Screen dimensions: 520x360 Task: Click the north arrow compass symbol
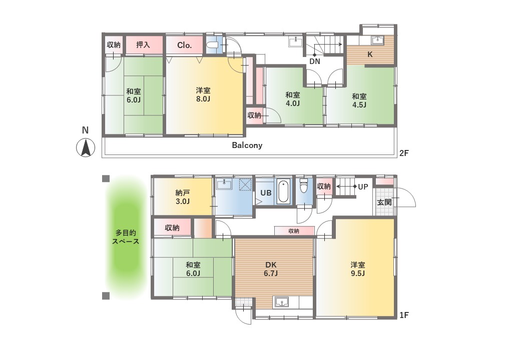coord(86,147)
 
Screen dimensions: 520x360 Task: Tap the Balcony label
coord(247,145)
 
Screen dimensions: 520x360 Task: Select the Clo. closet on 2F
coord(184,45)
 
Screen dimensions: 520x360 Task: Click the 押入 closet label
coord(143,44)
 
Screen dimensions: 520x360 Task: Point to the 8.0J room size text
coord(203,98)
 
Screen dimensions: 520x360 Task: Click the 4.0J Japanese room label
coord(293,99)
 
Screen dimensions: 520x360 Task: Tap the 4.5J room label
coord(359,100)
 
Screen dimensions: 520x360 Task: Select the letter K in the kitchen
coord(370,54)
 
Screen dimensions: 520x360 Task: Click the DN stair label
coord(315,61)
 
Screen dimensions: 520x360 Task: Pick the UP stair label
coord(363,187)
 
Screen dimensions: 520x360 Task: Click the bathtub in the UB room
coord(284,192)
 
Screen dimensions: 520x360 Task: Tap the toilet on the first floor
coord(304,186)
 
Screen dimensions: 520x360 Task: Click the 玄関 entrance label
coord(385,202)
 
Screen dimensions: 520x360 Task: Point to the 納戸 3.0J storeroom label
coord(183,197)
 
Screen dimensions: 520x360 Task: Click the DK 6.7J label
coord(271,269)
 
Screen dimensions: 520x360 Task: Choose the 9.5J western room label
coord(358,269)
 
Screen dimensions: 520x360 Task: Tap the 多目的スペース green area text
coord(125,237)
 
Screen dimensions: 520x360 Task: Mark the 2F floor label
coord(404,153)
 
